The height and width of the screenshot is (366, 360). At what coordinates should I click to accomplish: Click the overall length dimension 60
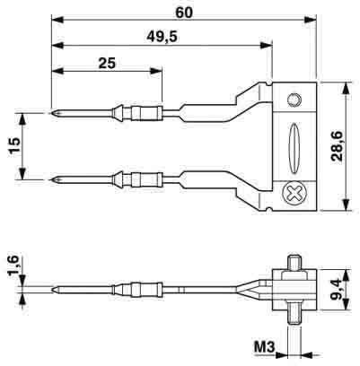[186, 12]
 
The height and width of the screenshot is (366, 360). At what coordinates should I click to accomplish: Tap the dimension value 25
[105, 63]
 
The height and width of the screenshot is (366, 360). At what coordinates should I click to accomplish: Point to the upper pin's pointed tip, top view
[56, 113]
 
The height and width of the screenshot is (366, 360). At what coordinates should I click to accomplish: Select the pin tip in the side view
[56, 289]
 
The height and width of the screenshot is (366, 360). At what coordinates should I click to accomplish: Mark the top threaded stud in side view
[294, 261]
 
